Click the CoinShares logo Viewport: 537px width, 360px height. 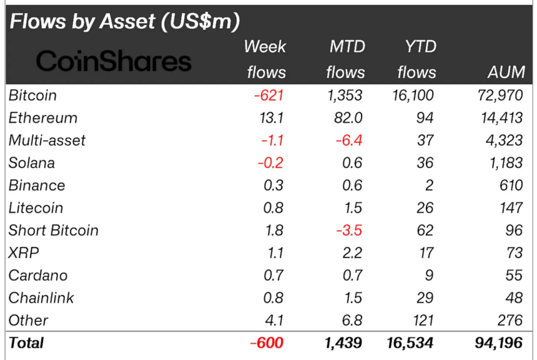click(114, 61)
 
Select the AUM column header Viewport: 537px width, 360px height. click(506, 72)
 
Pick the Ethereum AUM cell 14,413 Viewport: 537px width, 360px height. click(498, 118)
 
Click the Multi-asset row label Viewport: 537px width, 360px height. click(47, 140)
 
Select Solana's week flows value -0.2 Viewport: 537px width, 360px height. click(270, 163)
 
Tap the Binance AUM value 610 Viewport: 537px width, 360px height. click(511, 185)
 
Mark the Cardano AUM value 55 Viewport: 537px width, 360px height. click(515, 275)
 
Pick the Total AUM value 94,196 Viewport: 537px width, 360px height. click(498, 343)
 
